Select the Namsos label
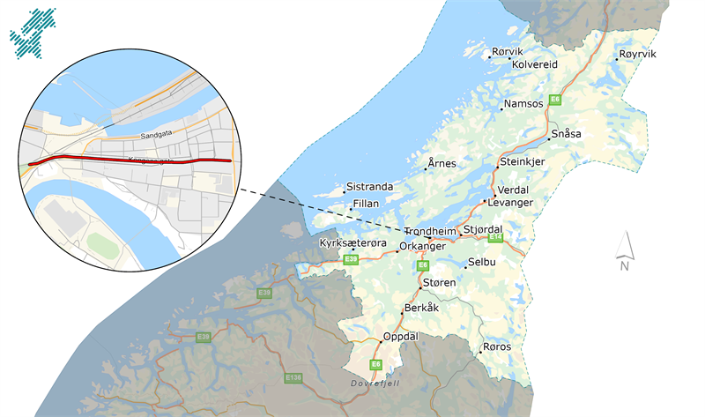point(523,104)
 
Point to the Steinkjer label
point(523,162)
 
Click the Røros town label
point(498,346)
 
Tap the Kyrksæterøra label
point(348,241)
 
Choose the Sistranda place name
point(369,186)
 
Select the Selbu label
point(482,263)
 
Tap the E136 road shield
point(294,377)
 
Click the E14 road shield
point(495,237)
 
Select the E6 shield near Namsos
point(555,100)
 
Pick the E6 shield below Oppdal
point(375,364)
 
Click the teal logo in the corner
point(33,31)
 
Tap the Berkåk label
point(419,309)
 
